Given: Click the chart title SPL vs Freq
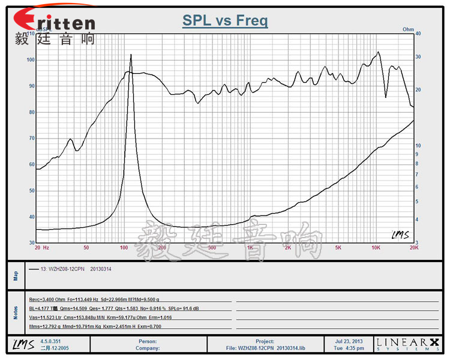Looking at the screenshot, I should click(x=225, y=21).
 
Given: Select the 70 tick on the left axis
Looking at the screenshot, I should click(x=31, y=138).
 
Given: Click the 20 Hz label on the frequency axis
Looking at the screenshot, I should click(x=42, y=247).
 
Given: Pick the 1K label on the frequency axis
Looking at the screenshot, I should click(x=250, y=247).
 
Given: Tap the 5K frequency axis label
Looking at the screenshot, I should click(x=338, y=247).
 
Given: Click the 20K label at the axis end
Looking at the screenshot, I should click(x=413, y=247).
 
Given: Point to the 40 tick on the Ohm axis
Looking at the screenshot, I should click(x=418, y=34).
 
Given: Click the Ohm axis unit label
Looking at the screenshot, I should click(x=408, y=29).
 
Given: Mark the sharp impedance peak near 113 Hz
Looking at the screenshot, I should click(x=131, y=55).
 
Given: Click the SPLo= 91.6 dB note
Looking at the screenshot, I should click(x=183, y=308).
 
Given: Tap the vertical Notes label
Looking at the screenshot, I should click(x=16, y=312).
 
